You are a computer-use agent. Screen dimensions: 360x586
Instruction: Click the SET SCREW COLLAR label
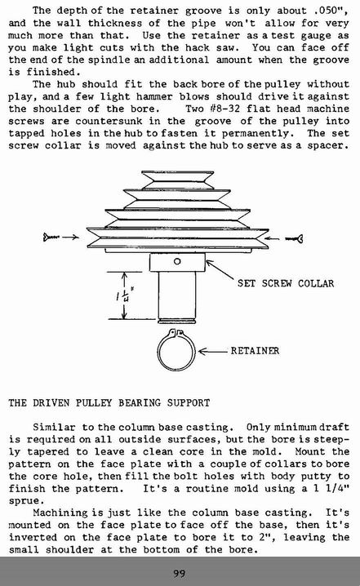286,283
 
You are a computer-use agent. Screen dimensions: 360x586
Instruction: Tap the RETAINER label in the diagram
255,351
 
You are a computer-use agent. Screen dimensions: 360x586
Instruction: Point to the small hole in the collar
177,262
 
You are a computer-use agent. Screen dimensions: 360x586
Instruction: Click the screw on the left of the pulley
51,237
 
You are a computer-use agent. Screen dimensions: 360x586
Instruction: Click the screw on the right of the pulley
294,238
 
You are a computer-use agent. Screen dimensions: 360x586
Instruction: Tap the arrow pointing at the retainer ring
212,351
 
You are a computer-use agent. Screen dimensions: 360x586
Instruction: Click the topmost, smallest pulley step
178,180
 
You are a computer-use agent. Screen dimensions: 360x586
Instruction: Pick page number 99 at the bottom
180,573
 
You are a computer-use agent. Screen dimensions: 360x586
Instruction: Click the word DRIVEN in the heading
51,403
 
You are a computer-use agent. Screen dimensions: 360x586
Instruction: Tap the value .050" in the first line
332,11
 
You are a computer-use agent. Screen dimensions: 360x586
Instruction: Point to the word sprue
24,501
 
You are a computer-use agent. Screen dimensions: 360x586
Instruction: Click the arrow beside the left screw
71,237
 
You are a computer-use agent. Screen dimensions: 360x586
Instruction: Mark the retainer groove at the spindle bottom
176,320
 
